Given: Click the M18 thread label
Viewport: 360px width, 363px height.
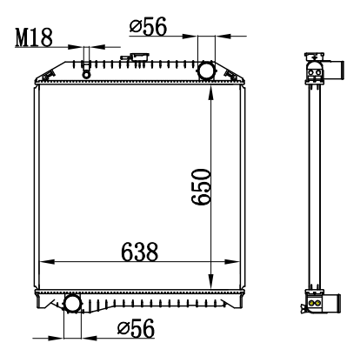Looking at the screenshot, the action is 34,37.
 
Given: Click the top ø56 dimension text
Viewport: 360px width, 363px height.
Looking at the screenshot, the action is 148,26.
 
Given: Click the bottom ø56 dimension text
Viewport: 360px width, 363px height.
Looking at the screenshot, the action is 136,328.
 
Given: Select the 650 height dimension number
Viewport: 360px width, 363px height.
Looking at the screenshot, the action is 201,187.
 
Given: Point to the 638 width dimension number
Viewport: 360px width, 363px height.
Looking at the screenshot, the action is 140,252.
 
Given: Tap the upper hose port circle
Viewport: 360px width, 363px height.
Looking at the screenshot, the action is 206,71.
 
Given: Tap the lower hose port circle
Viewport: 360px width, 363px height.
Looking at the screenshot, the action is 72,304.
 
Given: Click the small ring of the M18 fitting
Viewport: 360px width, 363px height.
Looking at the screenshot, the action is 86,75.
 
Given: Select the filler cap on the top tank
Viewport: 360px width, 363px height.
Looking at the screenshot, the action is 140,57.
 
